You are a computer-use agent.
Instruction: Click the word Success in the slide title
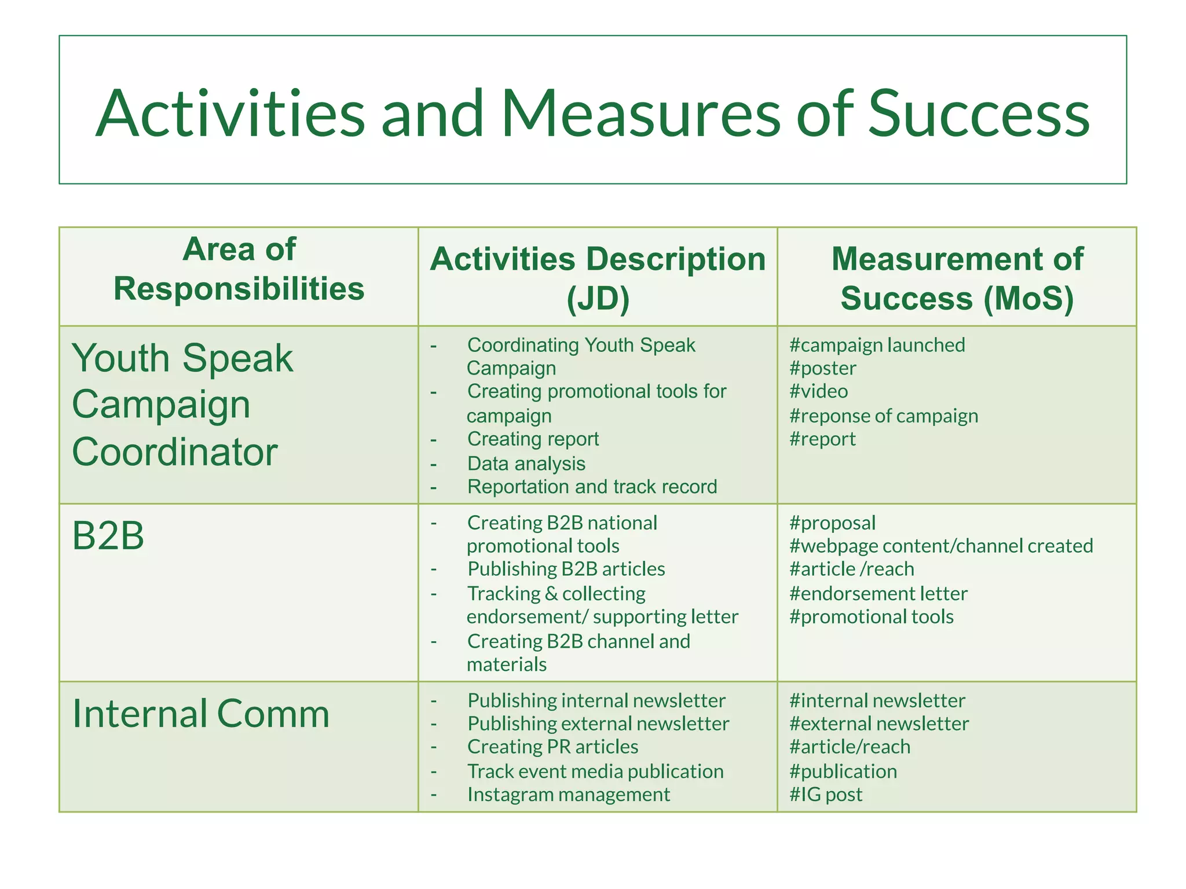click(x=979, y=114)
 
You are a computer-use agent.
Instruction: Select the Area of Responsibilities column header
click(x=239, y=269)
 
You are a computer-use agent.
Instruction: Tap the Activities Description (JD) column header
click(x=598, y=278)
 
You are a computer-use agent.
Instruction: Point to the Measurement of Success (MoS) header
click(x=957, y=278)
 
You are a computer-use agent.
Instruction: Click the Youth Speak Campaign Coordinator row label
click(x=182, y=405)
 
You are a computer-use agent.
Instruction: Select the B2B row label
click(x=108, y=535)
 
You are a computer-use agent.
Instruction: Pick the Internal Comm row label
click(x=200, y=714)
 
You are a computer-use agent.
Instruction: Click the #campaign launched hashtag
click(x=877, y=346)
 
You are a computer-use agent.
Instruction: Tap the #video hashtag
click(x=818, y=392)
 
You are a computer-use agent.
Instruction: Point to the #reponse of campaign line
click(x=883, y=416)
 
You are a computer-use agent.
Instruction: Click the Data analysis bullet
click(x=526, y=464)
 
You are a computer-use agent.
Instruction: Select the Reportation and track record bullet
click(x=592, y=487)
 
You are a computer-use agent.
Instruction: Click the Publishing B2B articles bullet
click(x=566, y=569)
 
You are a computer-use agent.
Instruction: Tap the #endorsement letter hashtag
click(x=878, y=594)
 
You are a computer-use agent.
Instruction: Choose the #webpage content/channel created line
click(x=940, y=546)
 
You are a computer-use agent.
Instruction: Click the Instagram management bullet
click(x=568, y=795)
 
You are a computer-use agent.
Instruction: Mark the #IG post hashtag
click(x=825, y=795)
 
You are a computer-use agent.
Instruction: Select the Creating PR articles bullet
click(x=552, y=747)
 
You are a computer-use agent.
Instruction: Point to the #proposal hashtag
click(x=832, y=523)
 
